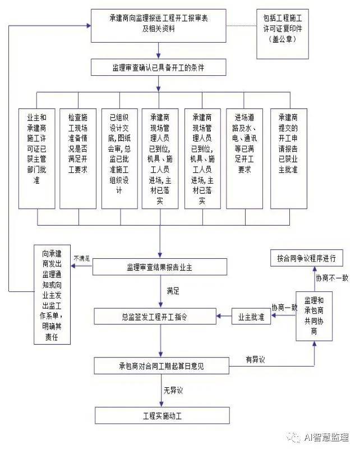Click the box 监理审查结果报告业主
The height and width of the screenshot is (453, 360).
pyautogui.click(x=160, y=267)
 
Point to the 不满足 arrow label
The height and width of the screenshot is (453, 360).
pyautogui.click(x=81, y=258)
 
